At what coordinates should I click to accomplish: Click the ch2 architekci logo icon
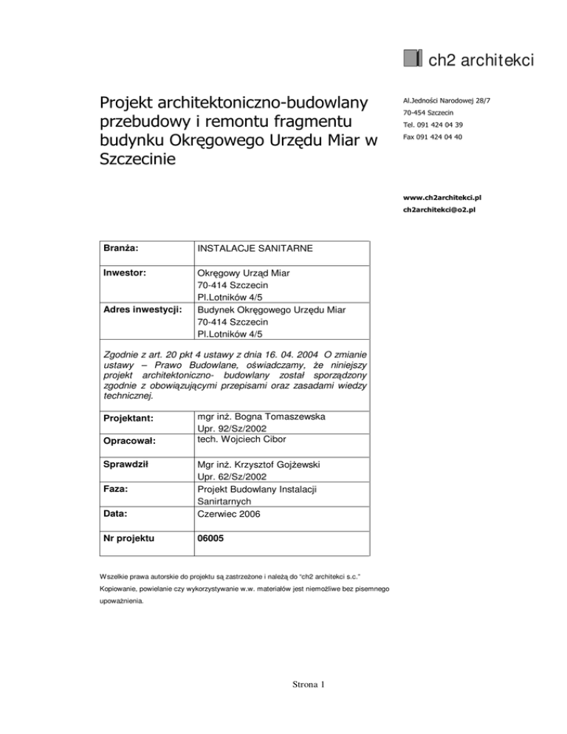[413, 58]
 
